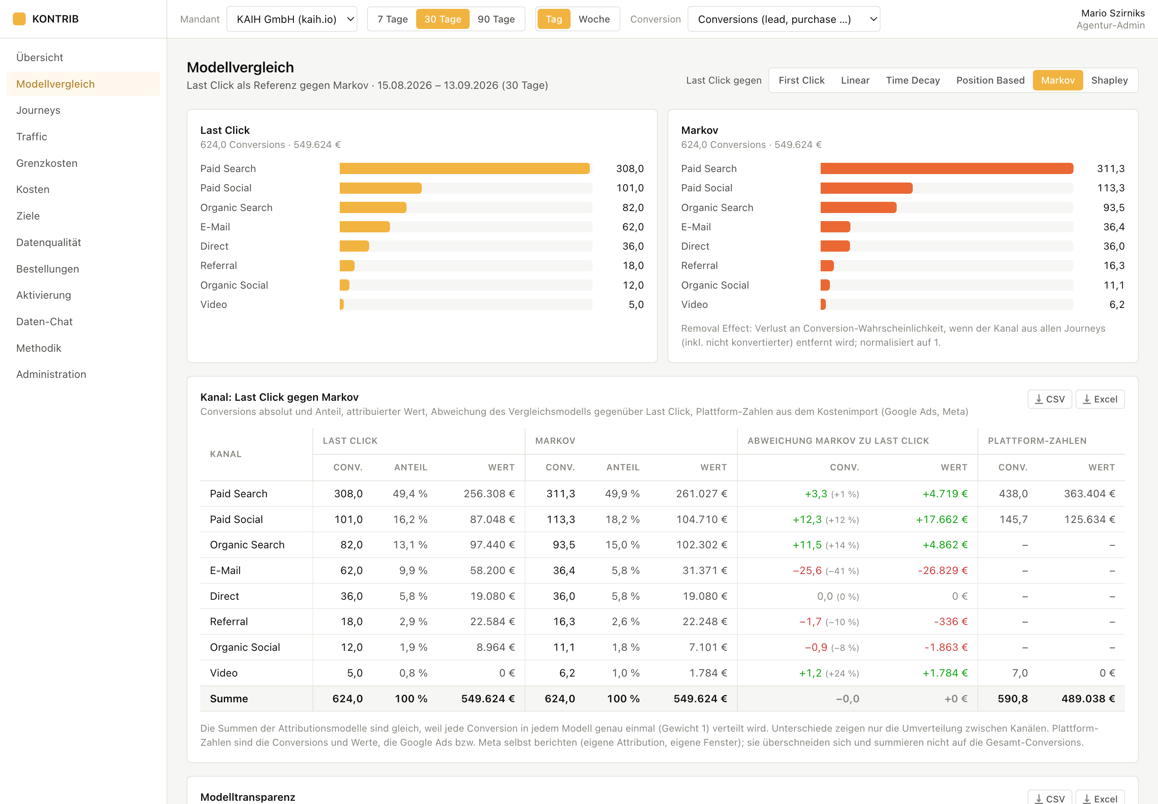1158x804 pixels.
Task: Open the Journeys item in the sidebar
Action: click(38, 110)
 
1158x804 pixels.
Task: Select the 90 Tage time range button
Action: click(496, 19)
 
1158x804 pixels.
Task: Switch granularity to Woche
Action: click(593, 19)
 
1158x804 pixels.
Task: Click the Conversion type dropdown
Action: click(784, 19)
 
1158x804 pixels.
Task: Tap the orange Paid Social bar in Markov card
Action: click(866, 188)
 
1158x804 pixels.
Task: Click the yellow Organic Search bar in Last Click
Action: click(373, 207)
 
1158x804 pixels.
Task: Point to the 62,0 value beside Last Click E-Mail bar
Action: click(633, 227)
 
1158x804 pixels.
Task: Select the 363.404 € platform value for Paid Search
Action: click(1090, 494)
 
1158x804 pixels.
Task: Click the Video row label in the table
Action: click(224, 673)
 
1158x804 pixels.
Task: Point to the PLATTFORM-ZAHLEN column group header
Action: click(1037, 441)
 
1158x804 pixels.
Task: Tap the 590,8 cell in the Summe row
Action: click(1012, 699)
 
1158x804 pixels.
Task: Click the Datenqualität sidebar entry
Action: click(48, 242)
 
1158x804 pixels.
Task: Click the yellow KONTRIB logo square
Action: click(19, 19)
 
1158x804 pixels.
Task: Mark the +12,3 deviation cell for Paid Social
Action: click(807, 519)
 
